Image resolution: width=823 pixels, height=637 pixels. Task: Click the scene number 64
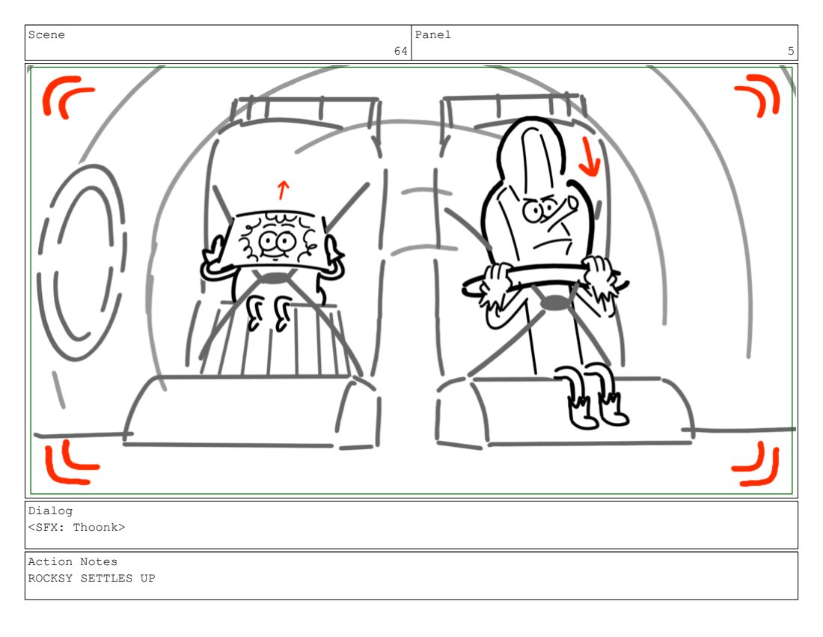tap(400, 51)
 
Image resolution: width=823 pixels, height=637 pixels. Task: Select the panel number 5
tap(791, 51)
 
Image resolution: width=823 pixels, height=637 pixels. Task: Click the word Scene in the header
tap(46, 34)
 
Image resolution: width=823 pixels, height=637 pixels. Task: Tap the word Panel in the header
tap(433, 34)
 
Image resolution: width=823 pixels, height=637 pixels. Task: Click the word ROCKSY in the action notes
tap(50, 578)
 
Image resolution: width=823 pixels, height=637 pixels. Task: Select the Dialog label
tap(50, 510)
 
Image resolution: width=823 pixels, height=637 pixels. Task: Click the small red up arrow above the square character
tap(283, 190)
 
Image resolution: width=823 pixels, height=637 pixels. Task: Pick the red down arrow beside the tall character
tap(589, 156)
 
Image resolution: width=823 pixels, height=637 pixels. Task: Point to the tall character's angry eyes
tap(541, 209)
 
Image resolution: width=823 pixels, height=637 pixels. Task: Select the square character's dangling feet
tap(269, 312)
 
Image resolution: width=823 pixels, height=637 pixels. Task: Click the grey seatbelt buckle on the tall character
tap(555, 302)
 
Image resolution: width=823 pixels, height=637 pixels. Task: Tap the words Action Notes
tap(73, 561)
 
